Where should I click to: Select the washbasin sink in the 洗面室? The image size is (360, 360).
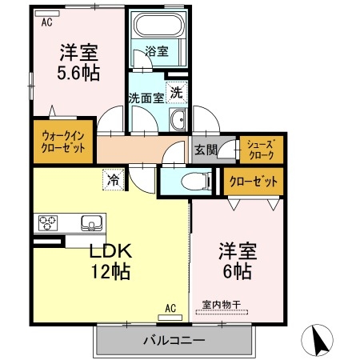pyautogui.click(x=178, y=121)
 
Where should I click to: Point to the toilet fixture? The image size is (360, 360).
pyautogui.click(x=191, y=182)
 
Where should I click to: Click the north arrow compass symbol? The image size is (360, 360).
pyautogui.click(x=319, y=341)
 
